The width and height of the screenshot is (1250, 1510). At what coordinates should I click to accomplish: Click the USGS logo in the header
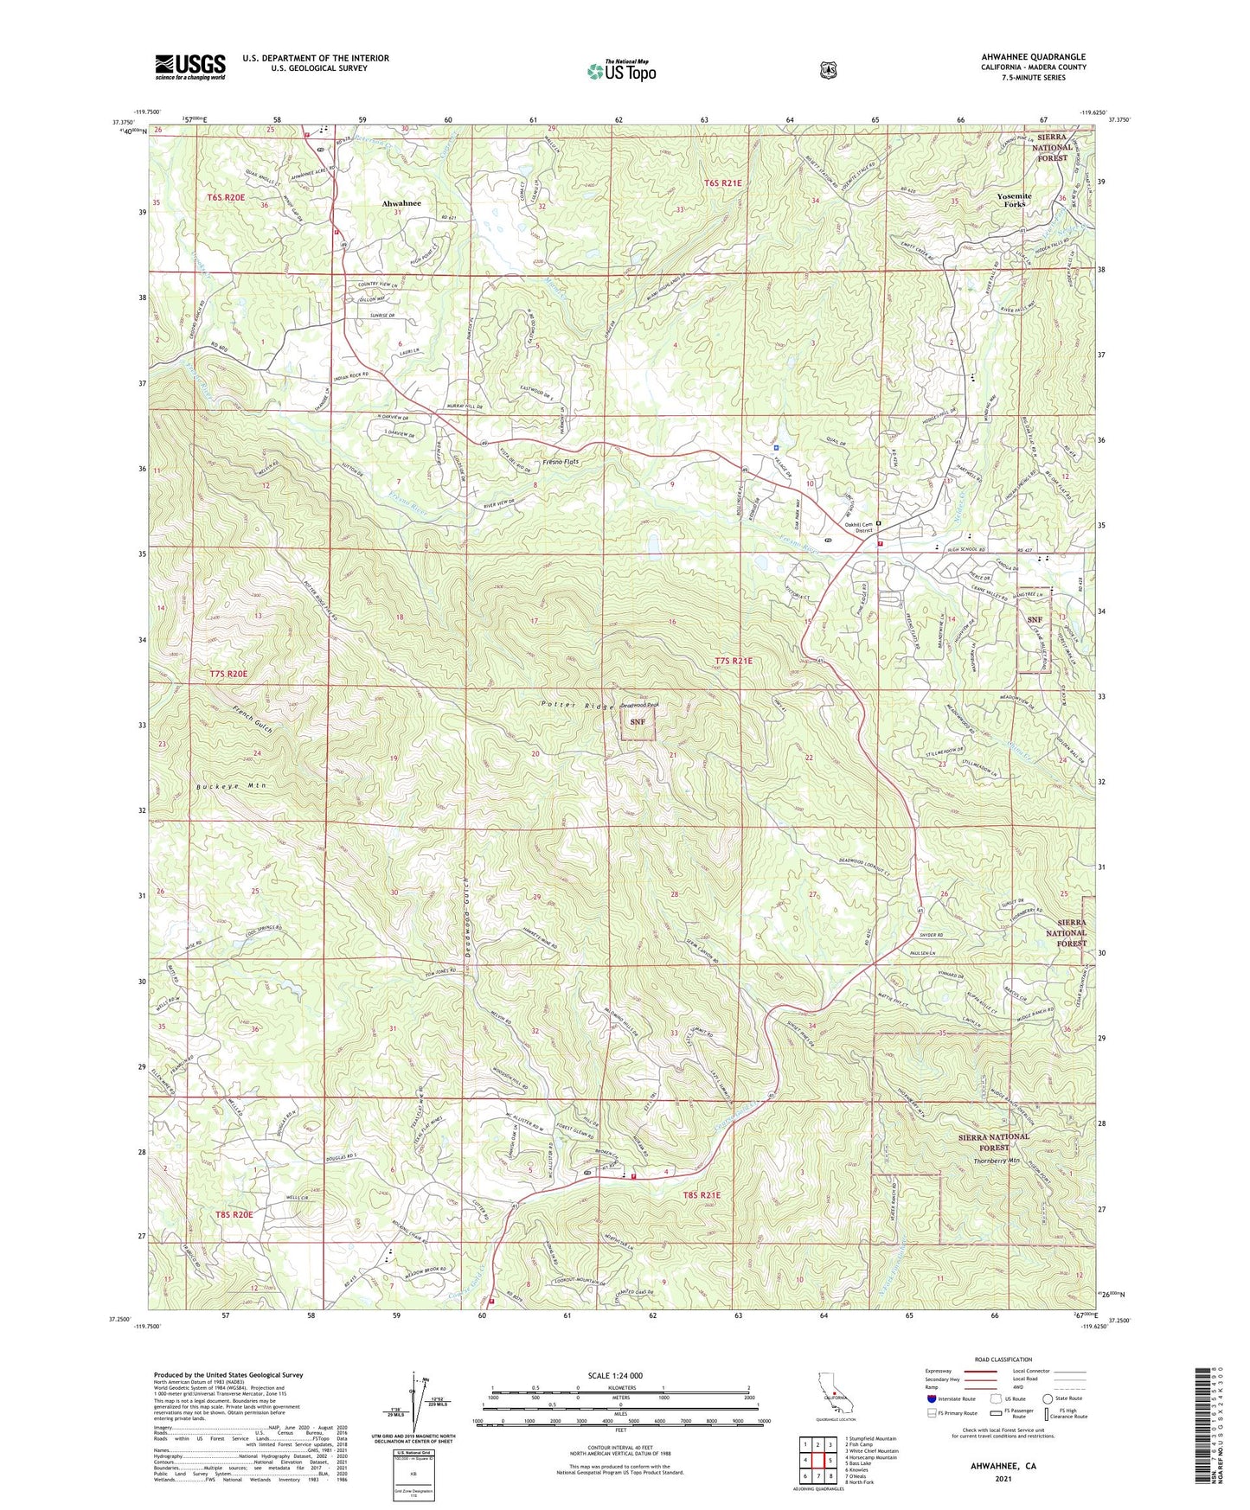[189, 67]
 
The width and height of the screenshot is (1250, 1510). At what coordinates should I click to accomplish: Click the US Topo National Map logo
[621, 71]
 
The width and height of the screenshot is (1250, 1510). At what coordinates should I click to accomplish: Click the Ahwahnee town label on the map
[401, 203]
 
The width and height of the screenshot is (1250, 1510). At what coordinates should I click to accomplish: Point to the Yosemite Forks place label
[1014, 200]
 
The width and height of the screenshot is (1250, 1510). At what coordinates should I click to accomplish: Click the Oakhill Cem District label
[858, 528]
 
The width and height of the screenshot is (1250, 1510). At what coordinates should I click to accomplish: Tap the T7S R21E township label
[734, 661]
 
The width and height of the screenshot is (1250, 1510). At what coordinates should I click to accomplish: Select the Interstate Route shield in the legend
[931, 1398]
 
